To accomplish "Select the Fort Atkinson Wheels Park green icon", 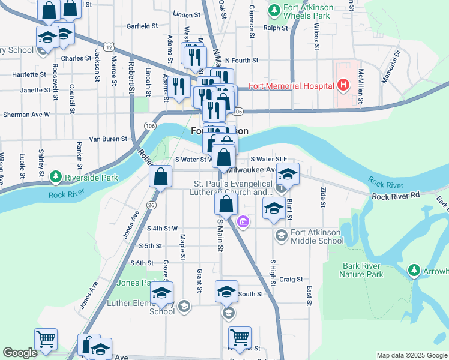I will (274, 10).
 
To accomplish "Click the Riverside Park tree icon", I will (56, 177).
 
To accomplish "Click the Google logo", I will (20, 353).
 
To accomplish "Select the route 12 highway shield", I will (108, 46).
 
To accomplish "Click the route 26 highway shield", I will (151, 205).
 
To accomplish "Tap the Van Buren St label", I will (108, 139).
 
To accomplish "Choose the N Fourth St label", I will (241, 61).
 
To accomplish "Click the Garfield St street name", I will (142, 26).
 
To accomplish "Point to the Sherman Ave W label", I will (26, 113).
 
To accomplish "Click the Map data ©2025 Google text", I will (411, 355).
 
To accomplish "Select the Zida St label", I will (323, 197).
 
